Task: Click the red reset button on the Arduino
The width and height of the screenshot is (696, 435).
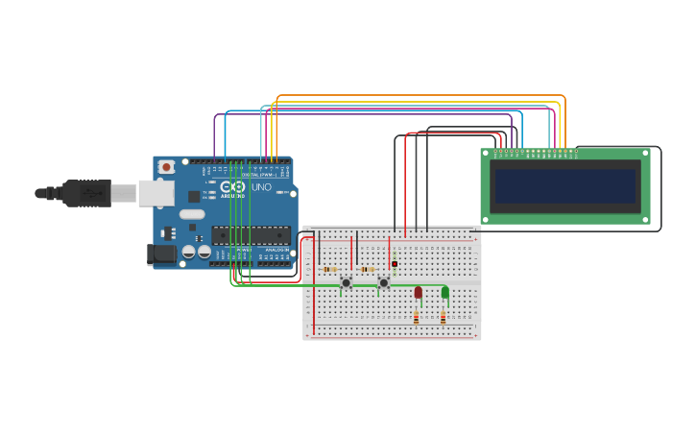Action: [166, 167]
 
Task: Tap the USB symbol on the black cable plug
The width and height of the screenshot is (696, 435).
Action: [93, 193]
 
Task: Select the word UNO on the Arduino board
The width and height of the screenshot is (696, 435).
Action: [261, 187]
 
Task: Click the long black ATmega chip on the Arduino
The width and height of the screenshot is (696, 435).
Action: [251, 235]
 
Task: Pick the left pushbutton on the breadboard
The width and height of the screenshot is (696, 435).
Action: [347, 282]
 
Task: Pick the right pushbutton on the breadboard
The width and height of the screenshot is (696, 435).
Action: [384, 282]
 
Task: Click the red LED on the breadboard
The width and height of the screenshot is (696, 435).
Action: [418, 292]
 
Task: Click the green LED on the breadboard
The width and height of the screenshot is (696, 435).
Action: [444, 292]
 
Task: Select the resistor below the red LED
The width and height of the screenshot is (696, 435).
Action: [417, 316]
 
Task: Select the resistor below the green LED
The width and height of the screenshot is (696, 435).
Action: [443, 316]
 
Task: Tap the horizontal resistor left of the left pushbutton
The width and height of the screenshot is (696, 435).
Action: [329, 270]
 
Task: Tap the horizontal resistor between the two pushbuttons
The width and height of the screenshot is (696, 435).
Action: [367, 270]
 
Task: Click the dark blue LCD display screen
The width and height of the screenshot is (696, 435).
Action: [564, 186]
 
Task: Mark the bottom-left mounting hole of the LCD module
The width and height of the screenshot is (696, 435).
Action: [487, 220]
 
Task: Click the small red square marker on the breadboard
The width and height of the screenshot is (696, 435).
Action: [395, 264]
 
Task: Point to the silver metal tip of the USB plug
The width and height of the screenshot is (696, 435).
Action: [123, 193]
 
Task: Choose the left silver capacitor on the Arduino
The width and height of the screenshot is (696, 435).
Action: [189, 252]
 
